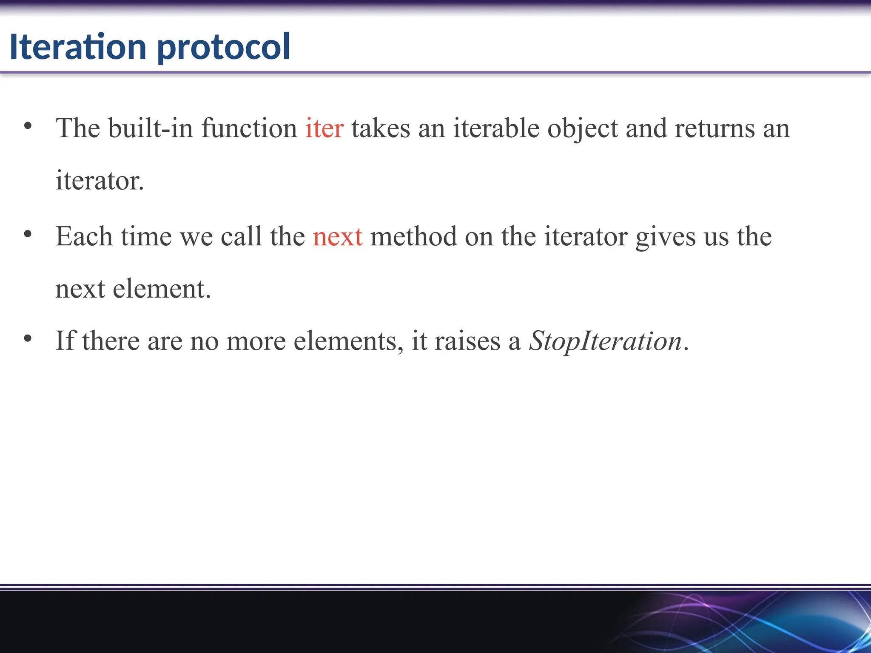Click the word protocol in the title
point(224,47)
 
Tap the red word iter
point(324,128)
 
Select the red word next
point(338,236)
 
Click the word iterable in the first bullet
point(496,128)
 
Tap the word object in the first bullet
point(582,129)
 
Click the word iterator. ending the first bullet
point(100,181)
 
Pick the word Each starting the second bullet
point(84,236)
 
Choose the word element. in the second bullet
point(162,289)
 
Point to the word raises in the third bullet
point(467,341)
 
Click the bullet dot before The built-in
point(28,126)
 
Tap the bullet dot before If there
point(28,339)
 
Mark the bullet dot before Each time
point(28,234)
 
